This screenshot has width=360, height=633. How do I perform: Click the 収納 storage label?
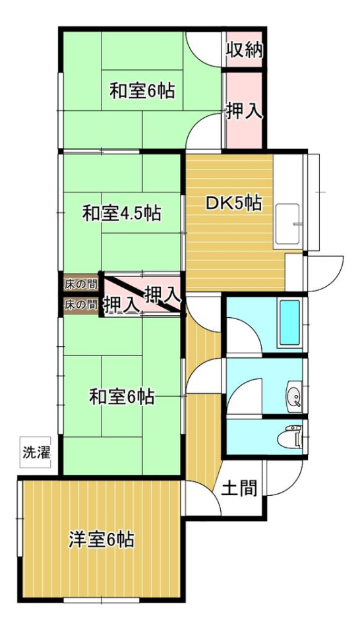tap(244, 50)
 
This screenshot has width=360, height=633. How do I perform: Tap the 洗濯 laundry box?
tap(36, 452)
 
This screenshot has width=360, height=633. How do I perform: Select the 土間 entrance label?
tap(240, 488)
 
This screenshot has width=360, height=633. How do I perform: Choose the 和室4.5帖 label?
tap(121, 213)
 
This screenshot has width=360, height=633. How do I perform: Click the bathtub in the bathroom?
tap(289, 322)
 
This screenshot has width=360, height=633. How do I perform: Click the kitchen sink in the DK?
tap(287, 226)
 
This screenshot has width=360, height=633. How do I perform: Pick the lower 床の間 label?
tap(80, 305)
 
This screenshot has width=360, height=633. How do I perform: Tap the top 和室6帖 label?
tap(142, 91)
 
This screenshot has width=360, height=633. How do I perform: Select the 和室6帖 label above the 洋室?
tap(121, 397)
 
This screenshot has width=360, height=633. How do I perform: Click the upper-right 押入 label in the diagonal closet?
tap(162, 295)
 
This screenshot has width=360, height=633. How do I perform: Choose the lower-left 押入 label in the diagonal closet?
tap(120, 305)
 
